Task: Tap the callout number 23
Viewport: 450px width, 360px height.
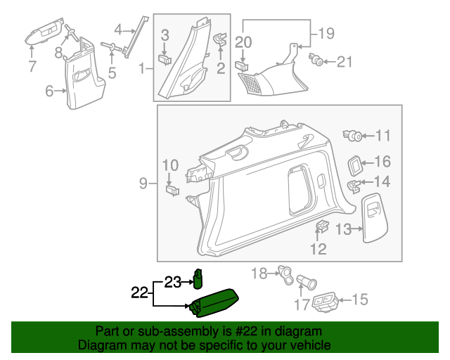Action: [x=173, y=282]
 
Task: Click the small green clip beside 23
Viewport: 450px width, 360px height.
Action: [x=198, y=279]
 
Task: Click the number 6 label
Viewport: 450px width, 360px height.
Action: [x=49, y=91]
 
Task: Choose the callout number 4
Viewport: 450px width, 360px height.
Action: [x=118, y=30]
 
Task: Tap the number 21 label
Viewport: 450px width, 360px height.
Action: [x=344, y=63]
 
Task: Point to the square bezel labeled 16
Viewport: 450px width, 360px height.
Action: [x=355, y=165]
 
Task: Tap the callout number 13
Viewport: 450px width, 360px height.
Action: [x=342, y=229]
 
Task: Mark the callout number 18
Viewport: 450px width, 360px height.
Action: [x=259, y=274]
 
